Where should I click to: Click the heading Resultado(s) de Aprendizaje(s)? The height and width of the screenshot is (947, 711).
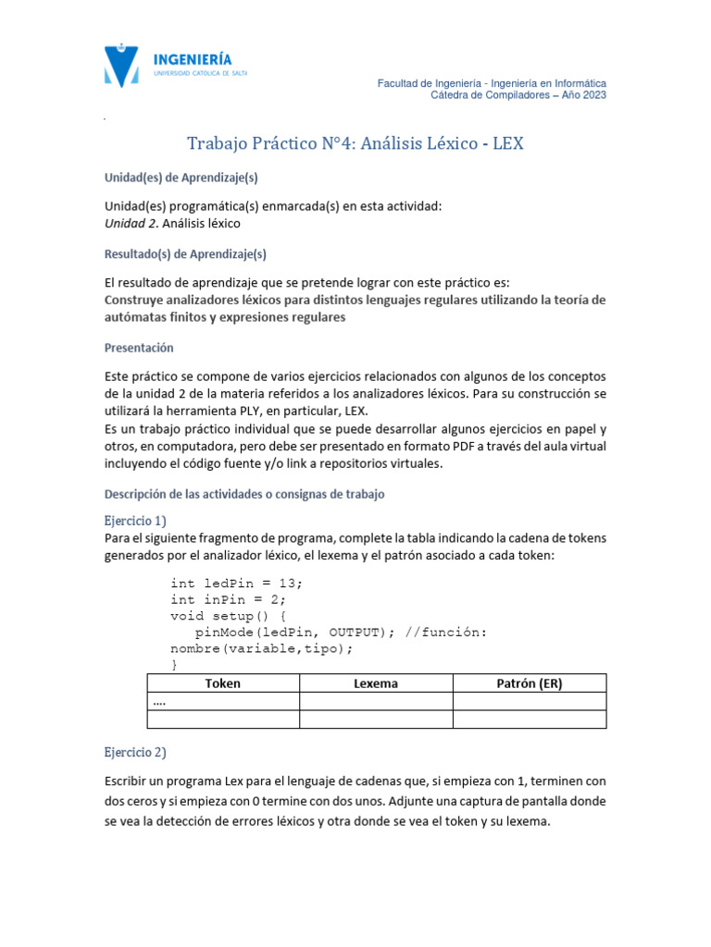(x=184, y=254)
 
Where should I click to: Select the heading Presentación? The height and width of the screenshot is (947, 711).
(x=139, y=348)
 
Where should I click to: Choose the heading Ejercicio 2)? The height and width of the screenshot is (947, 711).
(x=135, y=752)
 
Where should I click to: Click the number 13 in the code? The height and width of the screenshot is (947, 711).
(x=289, y=583)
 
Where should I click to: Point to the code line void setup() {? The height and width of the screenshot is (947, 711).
(x=229, y=615)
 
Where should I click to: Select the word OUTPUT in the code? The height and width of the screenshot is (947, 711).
(x=355, y=632)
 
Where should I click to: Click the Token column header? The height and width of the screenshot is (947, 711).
(x=222, y=683)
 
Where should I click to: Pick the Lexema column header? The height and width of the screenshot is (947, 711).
(x=375, y=683)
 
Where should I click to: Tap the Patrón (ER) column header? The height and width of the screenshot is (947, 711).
(x=529, y=683)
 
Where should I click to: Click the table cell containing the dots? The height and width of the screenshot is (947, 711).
(x=222, y=702)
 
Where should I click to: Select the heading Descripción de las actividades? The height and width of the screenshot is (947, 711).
(x=243, y=495)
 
